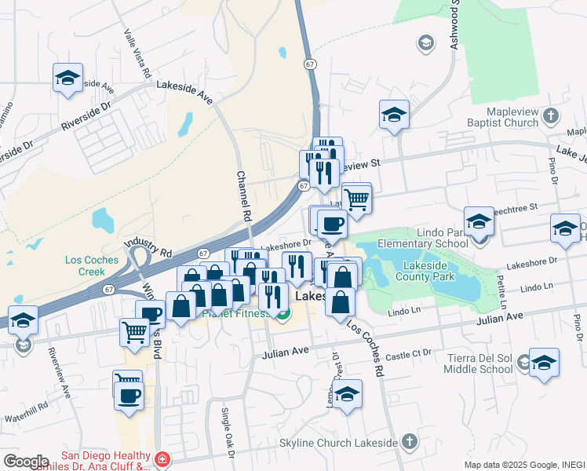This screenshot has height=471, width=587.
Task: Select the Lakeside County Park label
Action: (425, 270)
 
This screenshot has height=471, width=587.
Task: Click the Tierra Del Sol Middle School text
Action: (479, 364)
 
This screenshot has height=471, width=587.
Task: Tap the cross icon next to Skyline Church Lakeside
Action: (409, 443)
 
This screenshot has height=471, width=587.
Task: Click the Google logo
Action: (27, 461)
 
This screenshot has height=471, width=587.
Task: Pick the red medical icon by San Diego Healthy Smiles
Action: (161, 459)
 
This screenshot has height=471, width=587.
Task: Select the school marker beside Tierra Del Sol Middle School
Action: (544, 363)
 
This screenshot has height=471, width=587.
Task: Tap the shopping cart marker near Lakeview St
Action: (357, 199)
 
